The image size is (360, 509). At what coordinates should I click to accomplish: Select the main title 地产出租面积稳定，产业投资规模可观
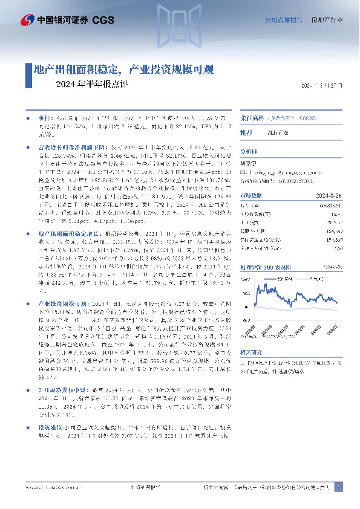point(121,70)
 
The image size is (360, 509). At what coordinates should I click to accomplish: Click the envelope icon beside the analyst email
point(243,172)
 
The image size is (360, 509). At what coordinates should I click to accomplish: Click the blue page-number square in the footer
point(339,487)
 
